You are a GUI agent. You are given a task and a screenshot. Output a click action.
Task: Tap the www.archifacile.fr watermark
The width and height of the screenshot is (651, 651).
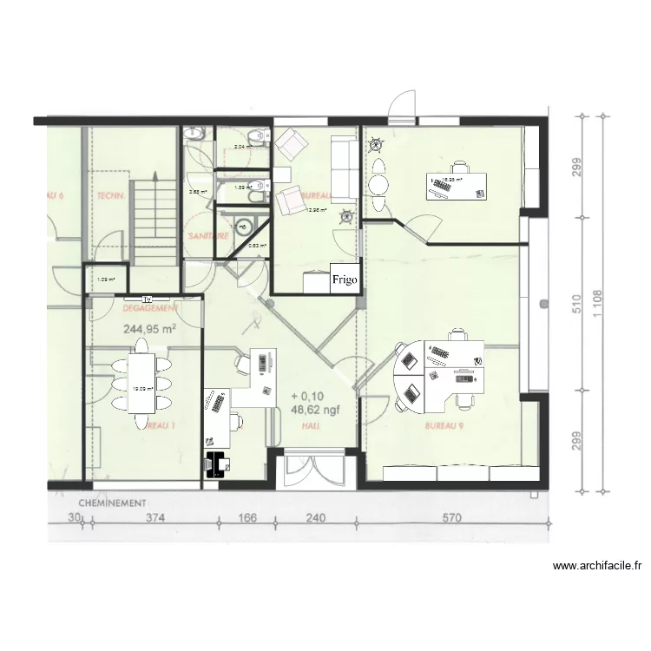point(597,567)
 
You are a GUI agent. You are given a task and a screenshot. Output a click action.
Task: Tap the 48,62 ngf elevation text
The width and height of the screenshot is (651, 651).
point(313,411)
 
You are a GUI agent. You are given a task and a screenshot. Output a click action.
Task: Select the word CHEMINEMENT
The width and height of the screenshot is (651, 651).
point(112,503)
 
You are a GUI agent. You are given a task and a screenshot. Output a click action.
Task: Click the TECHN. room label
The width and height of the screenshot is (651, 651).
point(112,196)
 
